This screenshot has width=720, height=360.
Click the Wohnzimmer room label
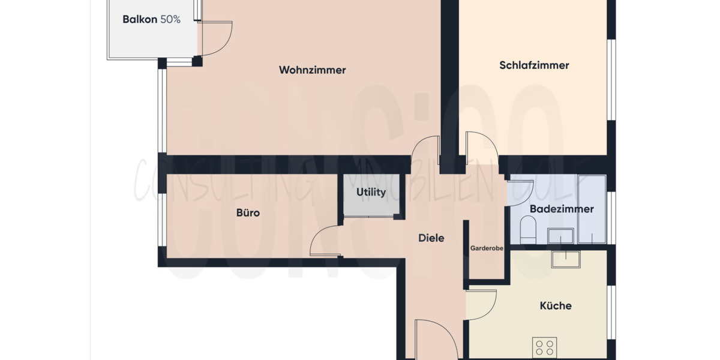click(x=312, y=70)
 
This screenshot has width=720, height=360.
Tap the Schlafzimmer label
click(x=534, y=65)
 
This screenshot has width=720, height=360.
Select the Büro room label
click(x=248, y=212)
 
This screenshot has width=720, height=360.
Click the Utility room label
click(x=371, y=193)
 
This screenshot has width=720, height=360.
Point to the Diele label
click(x=431, y=238)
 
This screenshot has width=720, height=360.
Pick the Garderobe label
click(x=487, y=247)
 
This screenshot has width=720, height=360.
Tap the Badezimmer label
click(x=562, y=209)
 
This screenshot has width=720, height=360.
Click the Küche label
click(x=556, y=305)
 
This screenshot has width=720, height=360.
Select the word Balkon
click(x=140, y=19)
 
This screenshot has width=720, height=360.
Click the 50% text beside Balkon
click(x=170, y=19)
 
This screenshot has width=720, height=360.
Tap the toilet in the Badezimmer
click(x=528, y=230)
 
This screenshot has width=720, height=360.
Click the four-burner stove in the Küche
click(x=544, y=347)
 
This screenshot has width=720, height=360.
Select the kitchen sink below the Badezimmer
click(x=566, y=259)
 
